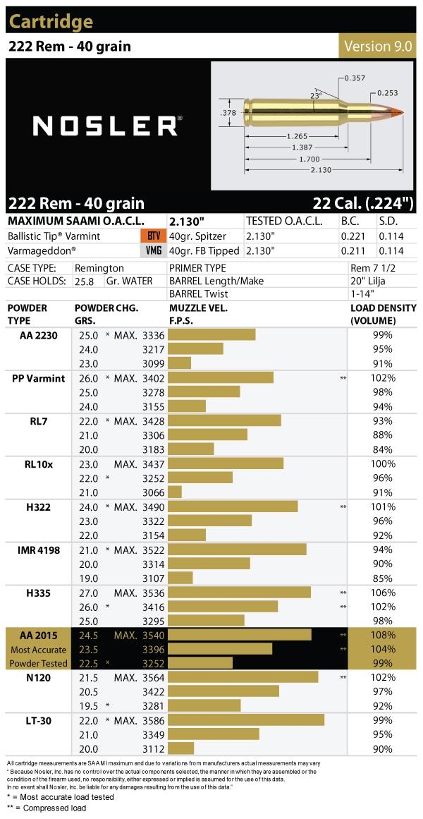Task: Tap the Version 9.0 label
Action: click(x=378, y=46)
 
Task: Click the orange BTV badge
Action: click(x=151, y=236)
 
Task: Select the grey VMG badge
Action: click(x=151, y=250)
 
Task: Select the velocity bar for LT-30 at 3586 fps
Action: click(x=247, y=720)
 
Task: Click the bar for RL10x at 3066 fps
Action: click(x=175, y=492)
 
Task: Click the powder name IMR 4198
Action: click(x=38, y=550)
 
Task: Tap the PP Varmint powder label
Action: click(x=39, y=378)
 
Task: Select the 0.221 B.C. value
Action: click(x=353, y=236)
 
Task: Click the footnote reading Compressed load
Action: click(x=50, y=808)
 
